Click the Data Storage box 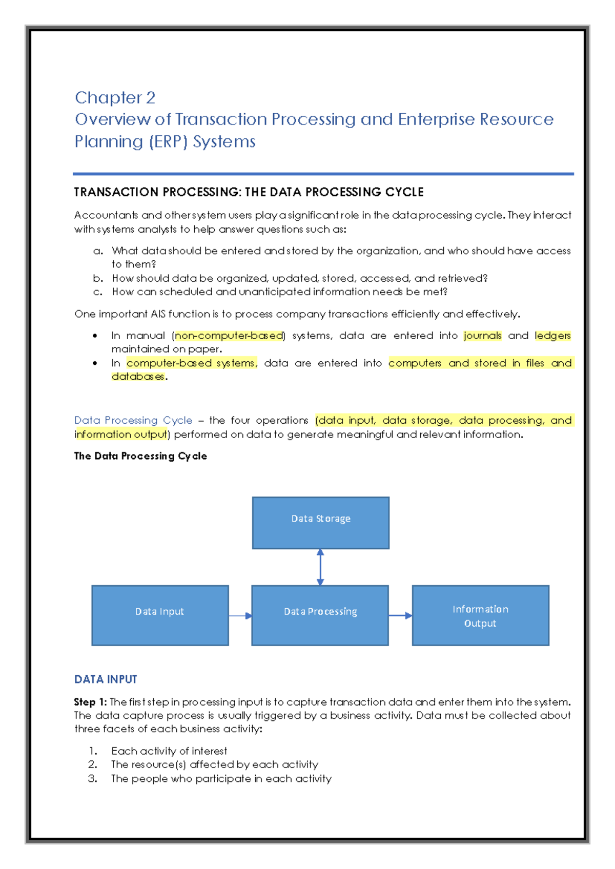[320, 523]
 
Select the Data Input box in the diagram [160, 615]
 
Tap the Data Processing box [320, 615]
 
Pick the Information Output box [480, 615]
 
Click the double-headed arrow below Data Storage [320, 567]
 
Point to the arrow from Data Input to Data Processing [240, 615]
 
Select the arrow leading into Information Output [400, 615]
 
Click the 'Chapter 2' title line [115, 97]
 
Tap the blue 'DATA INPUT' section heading [106, 679]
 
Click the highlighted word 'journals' [482, 336]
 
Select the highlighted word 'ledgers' [552, 336]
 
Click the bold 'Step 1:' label [90, 702]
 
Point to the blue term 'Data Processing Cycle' [133, 420]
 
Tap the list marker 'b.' [98, 278]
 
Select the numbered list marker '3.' [92, 778]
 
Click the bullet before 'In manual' [95, 336]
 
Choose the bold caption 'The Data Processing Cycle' [140, 456]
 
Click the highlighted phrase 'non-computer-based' [229, 336]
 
